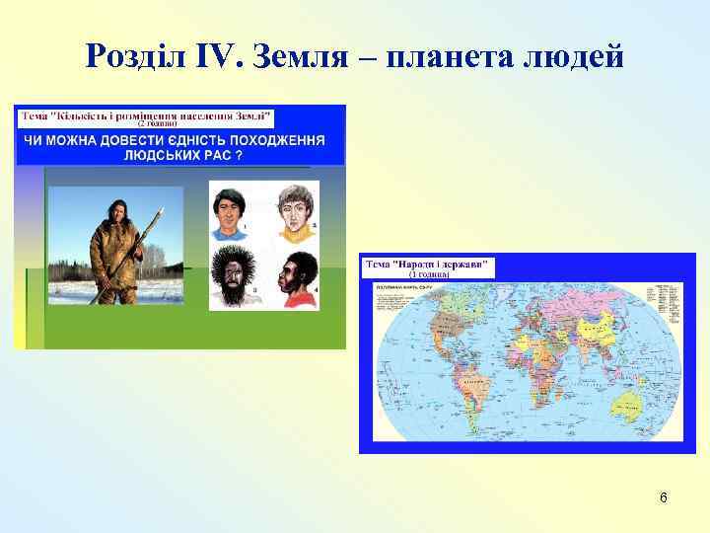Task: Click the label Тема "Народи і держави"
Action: (x=430, y=266)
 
